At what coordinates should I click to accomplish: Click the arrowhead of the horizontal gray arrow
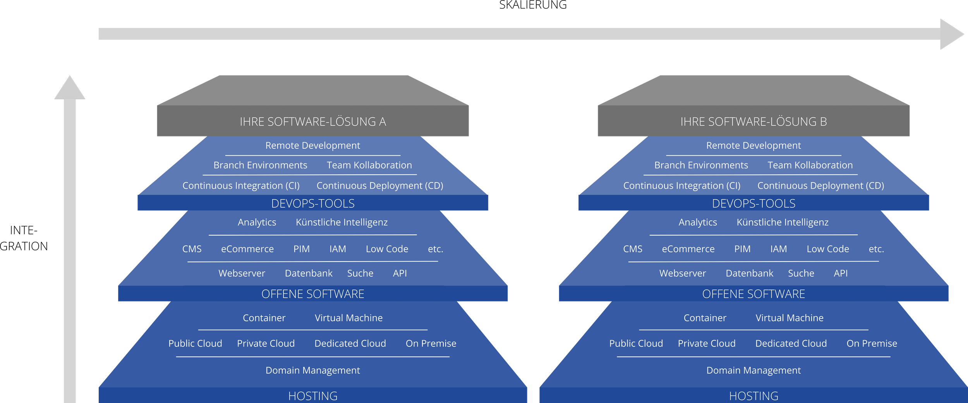pos(951,34)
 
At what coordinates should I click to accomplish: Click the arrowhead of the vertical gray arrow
pos(70,89)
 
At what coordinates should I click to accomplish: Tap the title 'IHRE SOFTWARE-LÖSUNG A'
pos(313,122)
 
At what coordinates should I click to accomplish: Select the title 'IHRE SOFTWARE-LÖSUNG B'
pos(753,122)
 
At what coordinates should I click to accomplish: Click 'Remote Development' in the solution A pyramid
pos(313,145)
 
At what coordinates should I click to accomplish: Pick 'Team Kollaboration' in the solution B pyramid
pos(810,165)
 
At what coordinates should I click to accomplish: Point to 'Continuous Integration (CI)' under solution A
pos(241,186)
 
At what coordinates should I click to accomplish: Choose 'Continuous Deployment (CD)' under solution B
pos(820,186)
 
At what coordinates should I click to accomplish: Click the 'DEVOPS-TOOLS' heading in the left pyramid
pos(313,203)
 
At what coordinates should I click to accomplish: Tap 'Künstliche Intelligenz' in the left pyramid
pos(342,222)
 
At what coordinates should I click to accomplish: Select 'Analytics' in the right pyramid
pos(698,222)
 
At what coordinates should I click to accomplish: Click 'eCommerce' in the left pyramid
pos(247,249)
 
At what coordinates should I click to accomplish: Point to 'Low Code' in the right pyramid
pos(828,249)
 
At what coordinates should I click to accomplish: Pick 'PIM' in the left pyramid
pos(302,249)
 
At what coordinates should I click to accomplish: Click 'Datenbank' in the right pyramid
pos(749,273)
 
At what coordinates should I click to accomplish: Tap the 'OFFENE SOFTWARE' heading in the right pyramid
pos(753,294)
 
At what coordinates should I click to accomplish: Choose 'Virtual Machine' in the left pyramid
pos(348,318)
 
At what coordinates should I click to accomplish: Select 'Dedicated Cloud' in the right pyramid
pos(791,343)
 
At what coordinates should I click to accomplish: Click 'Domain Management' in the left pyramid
pos(313,370)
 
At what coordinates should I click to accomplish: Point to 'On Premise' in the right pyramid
pos(872,343)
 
